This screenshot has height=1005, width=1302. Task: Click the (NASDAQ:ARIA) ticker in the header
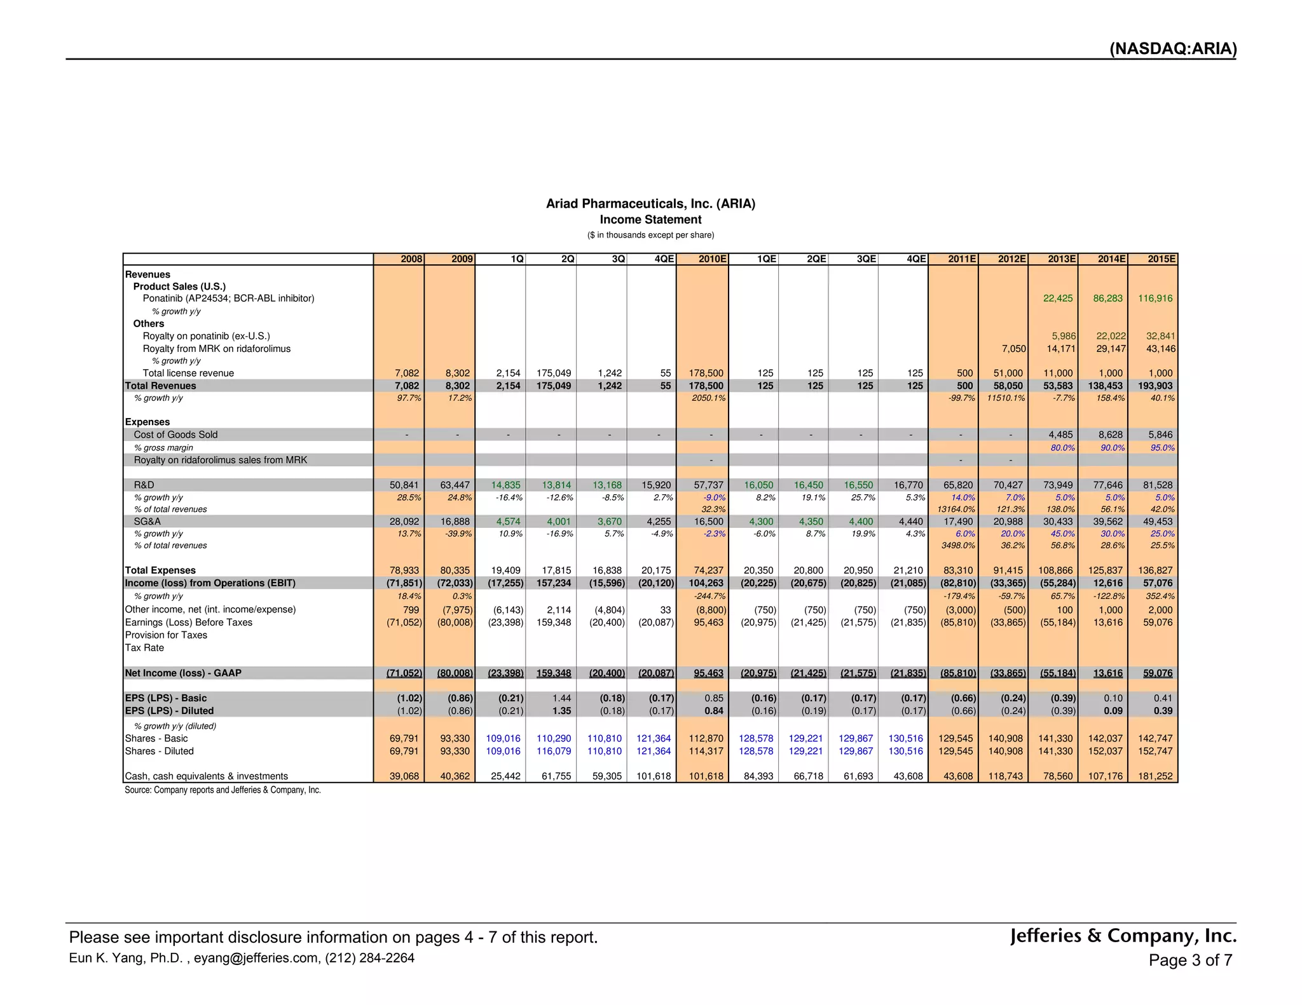click(1173, 49)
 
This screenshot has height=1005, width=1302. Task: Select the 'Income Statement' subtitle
click(650, 219)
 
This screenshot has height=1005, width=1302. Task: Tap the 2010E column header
click(712, 259)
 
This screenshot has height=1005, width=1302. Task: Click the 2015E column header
click(1161, 259)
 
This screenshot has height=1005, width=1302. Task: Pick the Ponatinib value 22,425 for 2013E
click(1058, 298)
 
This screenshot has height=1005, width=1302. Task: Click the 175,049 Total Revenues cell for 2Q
click(556, 386)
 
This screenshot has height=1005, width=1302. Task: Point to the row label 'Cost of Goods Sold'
click(175, 435)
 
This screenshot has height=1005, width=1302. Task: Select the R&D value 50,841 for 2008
click(404, 485)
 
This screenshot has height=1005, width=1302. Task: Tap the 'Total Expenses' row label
click(160, 570)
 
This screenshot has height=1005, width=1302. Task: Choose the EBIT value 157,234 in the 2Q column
click(556, 583)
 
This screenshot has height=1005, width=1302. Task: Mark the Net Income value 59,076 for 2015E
click(1158, 673)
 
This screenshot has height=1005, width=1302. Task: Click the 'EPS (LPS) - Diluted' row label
click(169, 711)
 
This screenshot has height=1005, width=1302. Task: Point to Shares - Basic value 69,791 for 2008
click(404, 738)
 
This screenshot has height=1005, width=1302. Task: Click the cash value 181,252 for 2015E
click(1157, 776)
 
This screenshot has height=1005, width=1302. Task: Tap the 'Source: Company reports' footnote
click(223, 790)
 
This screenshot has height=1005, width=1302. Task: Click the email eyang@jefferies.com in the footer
click(257, 958)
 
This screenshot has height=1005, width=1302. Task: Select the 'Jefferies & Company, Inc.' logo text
click(1123, 936)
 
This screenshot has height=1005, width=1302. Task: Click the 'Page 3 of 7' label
click(1190, 960)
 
